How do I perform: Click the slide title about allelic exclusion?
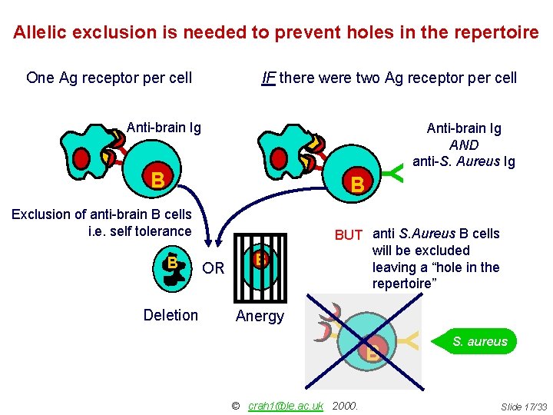point(276,32)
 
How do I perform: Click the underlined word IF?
point(269,78)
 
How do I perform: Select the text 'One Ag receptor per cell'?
point(109,78)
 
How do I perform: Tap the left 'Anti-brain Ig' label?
point(163,128)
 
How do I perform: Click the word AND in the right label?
point(464,144)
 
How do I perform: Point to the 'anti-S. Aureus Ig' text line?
point(464,161)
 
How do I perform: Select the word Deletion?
point(171,315)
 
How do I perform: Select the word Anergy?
point(260,316)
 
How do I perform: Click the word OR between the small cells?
point(214,268)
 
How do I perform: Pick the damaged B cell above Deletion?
point(174,265)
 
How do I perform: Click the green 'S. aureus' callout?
point(479,341)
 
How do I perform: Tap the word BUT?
point(348,234)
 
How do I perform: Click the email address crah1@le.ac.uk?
point(286,405)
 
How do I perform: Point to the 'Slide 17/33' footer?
point(524,406)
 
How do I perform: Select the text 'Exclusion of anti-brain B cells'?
point(101,214)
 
